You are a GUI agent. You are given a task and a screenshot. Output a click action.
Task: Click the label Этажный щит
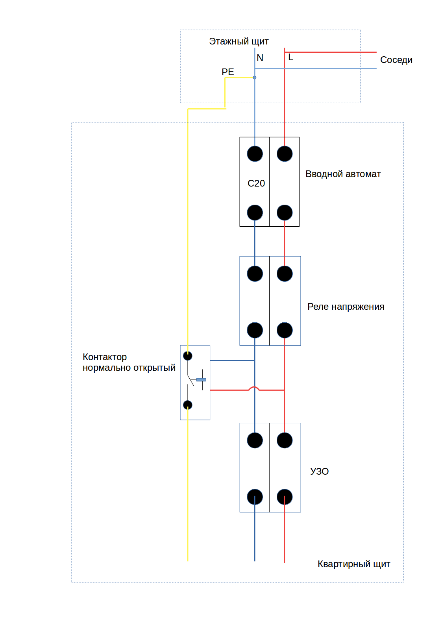[239, 42]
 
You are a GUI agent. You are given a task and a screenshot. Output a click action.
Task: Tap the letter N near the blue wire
[260, 58]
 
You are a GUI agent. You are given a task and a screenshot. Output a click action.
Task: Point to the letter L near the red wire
[290, 57]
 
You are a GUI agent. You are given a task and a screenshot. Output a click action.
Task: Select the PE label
[228, 72]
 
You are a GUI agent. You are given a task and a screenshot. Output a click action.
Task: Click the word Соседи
[396, 60]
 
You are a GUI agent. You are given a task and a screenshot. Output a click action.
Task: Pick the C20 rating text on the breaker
[256, 183]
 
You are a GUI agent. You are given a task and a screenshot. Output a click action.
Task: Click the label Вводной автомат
[343, 174]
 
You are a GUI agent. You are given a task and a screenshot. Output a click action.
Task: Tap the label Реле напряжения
[346, 307]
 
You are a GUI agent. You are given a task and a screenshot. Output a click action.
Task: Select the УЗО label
[320, 471]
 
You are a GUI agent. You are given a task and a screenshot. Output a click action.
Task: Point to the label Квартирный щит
[354, 564]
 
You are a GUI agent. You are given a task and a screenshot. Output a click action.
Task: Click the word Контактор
[105, 357]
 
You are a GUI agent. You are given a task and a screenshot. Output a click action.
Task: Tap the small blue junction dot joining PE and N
[255, 78]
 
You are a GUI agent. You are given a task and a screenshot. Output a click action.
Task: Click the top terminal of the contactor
[187, 356]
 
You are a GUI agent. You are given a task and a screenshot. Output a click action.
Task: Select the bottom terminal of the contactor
[187, 405]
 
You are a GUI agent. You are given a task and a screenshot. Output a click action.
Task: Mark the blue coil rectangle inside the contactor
[201, 379]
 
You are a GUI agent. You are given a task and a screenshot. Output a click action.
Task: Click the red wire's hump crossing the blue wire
[254, 387]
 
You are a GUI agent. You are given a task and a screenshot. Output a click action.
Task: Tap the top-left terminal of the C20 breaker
[255, 154]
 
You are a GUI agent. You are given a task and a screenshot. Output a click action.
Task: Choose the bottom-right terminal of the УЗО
[285, 497]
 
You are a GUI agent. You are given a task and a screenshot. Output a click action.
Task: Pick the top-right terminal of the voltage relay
[285, 274]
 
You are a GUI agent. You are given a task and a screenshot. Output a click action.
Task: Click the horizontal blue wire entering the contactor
[232, 360]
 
